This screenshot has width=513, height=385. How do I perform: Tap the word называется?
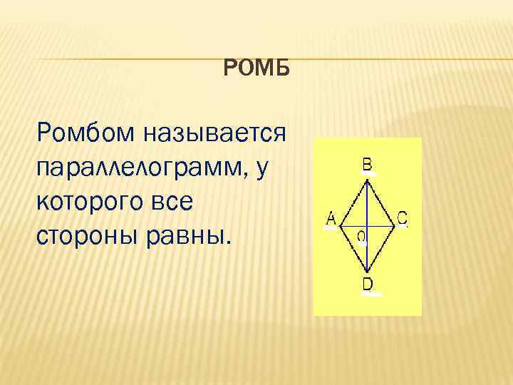[x=213, y=132]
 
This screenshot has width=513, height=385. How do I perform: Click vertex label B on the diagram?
[x=366, y=165]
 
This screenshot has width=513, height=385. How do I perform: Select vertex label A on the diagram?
[x=331, y=219]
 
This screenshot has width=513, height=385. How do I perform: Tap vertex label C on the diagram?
[x=402, y=218]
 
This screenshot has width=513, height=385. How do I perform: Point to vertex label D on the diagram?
[x=367, y=284]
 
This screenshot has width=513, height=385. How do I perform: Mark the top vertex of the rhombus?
[x=366, y=180]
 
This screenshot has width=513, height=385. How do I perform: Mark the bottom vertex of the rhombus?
[x=366, y=272]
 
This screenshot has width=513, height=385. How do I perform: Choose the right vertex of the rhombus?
[x=395, y=227]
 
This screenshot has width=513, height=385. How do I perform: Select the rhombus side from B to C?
[x=380, y=203]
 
